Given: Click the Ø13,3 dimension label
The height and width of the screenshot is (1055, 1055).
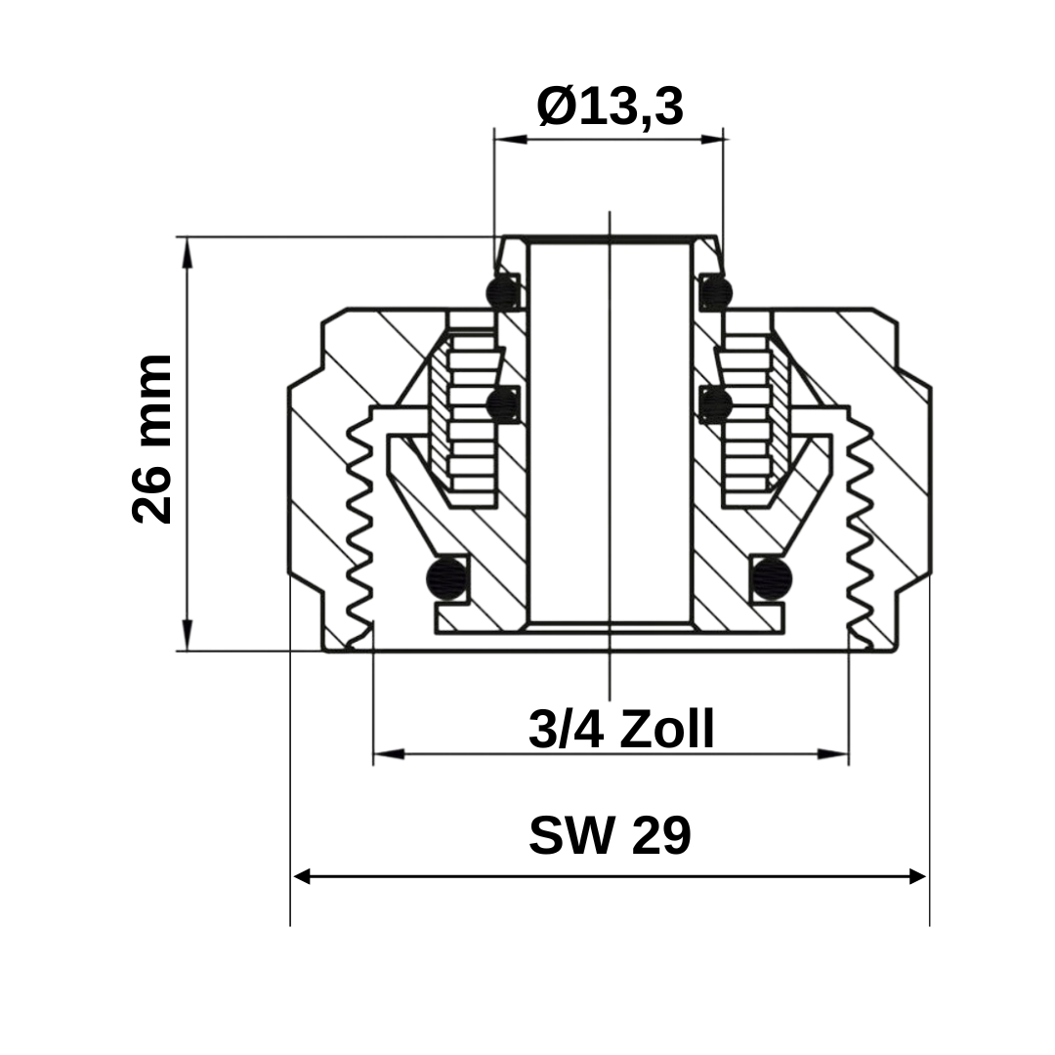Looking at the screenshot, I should coord(610,105).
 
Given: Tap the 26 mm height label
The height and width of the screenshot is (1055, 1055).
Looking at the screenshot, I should coord(152,440).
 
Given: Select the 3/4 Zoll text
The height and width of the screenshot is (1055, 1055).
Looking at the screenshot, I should coord(621,729).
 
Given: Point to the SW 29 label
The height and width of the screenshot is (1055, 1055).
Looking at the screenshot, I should coord(610,836).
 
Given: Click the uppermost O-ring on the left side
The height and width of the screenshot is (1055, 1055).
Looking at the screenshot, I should coord(503,291).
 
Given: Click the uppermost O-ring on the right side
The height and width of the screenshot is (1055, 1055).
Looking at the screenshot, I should coord(716,291).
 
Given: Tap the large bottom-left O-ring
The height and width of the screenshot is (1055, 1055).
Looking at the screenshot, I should coord(448,578).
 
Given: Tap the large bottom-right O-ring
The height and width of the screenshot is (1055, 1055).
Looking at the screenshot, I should coord(771,578).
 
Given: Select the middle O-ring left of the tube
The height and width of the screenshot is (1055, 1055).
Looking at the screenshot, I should coord(503,403).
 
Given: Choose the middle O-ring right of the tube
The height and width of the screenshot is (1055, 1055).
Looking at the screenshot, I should coord(716,403).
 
